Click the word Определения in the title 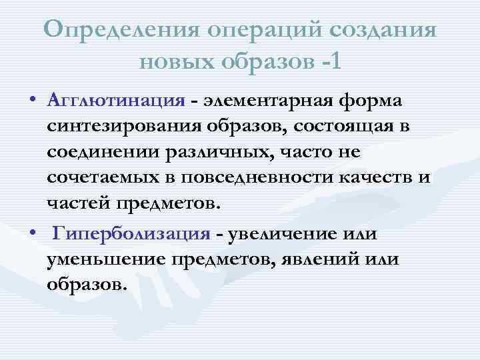[123, 29]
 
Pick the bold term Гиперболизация [132, 235]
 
